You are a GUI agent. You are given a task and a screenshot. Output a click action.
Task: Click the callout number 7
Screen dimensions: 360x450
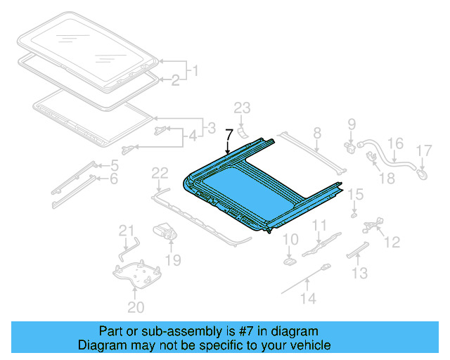[229, 135]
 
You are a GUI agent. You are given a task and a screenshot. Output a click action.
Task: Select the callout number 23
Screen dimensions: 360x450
[242, 108]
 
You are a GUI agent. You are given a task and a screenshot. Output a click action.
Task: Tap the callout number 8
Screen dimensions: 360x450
[316, 132]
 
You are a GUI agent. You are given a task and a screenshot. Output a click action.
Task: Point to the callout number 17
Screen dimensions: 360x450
[423, 150]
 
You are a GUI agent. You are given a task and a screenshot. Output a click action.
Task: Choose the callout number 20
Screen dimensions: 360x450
[136, 307]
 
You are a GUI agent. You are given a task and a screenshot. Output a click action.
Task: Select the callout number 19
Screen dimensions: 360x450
[173, 261]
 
